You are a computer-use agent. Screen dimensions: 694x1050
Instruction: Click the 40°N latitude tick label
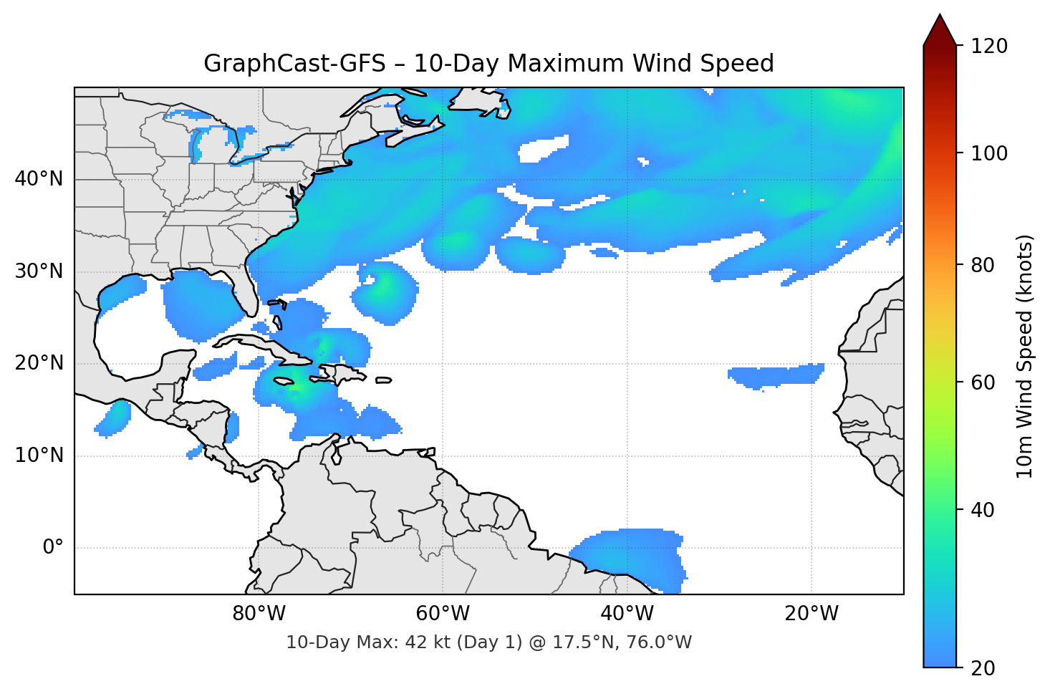point(39,179)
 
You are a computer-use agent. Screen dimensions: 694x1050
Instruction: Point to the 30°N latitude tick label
point(39,271)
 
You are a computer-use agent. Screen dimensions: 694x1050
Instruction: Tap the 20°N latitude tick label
point(39,363)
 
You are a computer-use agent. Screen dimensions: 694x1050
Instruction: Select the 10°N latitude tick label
point(39,456)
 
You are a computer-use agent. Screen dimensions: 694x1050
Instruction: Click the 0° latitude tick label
point(53,548)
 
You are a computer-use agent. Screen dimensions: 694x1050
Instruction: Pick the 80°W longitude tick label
point(259,614)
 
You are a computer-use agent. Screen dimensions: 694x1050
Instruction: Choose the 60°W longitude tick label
point(443,614)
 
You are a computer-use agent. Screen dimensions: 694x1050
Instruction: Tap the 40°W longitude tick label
point(627,614)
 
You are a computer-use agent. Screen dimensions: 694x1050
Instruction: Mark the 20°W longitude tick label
point(811,614)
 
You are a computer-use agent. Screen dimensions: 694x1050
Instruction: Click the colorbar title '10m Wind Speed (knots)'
point(1025,357)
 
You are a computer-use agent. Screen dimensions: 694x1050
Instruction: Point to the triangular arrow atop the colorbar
point(940,30)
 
